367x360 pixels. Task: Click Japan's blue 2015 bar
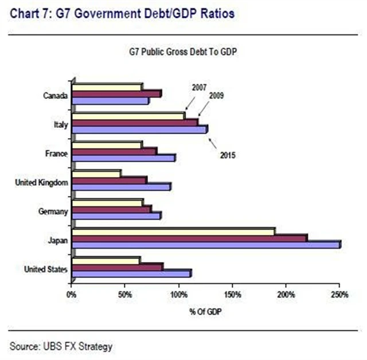[x=206, y=245]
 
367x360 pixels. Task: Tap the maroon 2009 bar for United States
[x=117, y=267]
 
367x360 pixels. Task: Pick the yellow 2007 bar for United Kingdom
[x=96, y=173]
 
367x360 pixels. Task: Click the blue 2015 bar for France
[x=124, y=157]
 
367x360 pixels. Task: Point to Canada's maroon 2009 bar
[x=117, y=93]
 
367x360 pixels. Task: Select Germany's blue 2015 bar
[x=117, y=216]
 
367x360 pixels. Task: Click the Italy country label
[x=61, y=123]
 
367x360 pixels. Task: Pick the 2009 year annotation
[x=216, y=96]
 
